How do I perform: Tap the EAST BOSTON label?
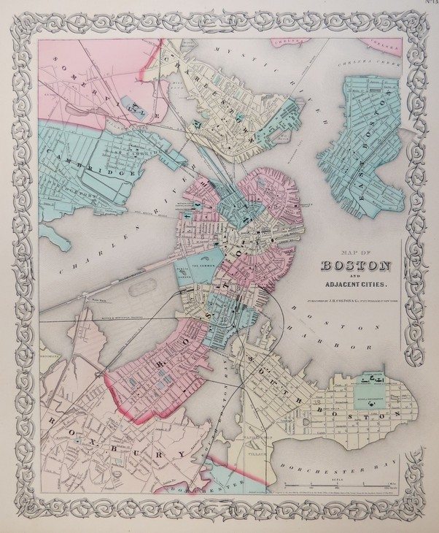(x=364, y=139)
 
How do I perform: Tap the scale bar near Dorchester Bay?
(x=343, y=483)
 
